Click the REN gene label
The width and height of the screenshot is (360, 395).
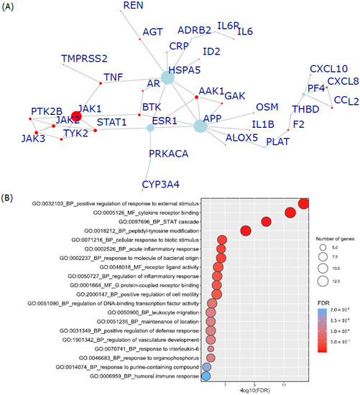[133, 6]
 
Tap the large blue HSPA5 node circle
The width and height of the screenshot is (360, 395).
[169, 78]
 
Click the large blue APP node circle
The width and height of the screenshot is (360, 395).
[200, 126]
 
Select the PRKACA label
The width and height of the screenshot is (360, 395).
[172, 154]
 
